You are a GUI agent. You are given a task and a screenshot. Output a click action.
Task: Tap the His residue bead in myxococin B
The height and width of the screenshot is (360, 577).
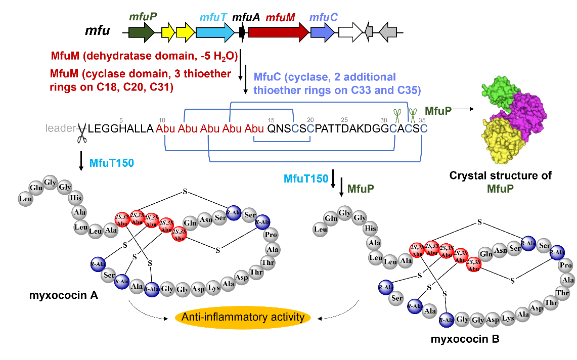click(370, 229)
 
